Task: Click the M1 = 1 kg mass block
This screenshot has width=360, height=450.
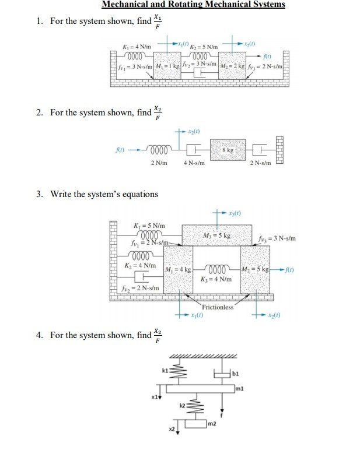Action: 167,64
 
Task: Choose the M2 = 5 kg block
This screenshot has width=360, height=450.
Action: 256,269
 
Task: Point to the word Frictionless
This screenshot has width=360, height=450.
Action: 217,307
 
